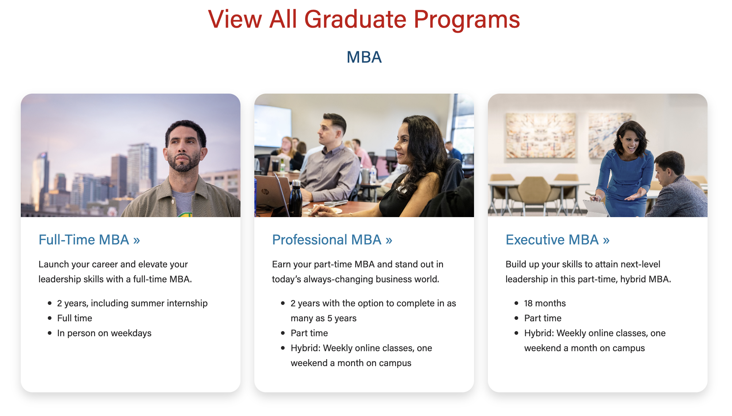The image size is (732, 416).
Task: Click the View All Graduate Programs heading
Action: tap(364, 19)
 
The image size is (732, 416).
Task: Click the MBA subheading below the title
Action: tap(364, 57)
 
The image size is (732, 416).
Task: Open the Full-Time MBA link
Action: tap(89, 240)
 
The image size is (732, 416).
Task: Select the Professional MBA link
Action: tap(332, 240)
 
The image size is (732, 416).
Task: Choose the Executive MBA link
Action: tap(558, 240)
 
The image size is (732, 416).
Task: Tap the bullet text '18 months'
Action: tap(545, 303)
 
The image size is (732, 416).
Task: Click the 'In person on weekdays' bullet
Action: tap(104, 333)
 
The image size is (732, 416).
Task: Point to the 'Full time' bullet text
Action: tap(75, 318)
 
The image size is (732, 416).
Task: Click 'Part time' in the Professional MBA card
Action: tap(309, 333)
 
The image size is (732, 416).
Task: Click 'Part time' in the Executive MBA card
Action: tap(543, 318)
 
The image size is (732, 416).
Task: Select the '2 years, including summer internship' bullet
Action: tap(132, 303)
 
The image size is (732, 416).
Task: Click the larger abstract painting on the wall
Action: tap(540, 136)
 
